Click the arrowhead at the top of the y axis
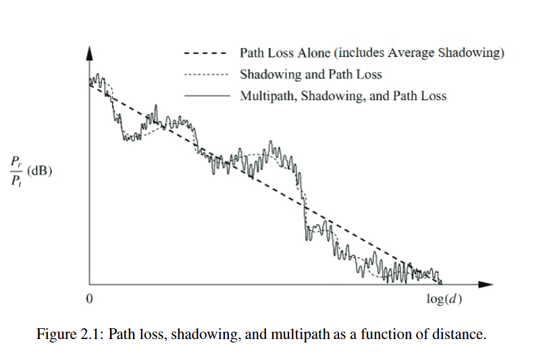[90, 52]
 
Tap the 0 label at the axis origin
[88, 299]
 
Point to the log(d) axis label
[444, 299]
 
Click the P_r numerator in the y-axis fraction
[18, 162]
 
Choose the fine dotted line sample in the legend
[206, 74]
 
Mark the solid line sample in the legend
[206, 96]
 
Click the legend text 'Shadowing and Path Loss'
[311, 74]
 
